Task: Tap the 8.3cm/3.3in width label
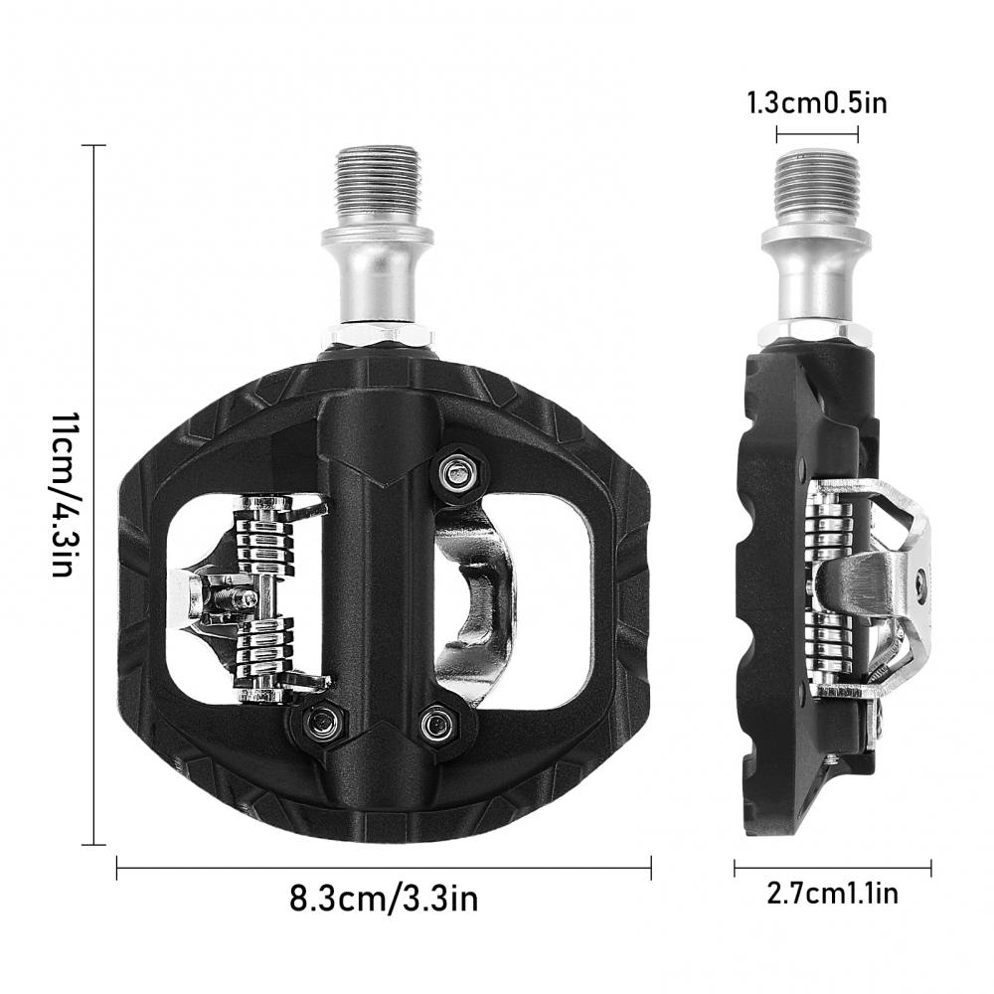(x=384, y=899)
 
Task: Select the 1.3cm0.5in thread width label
(x=817, y=102)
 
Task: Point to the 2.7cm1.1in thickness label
(x=832, y=894)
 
